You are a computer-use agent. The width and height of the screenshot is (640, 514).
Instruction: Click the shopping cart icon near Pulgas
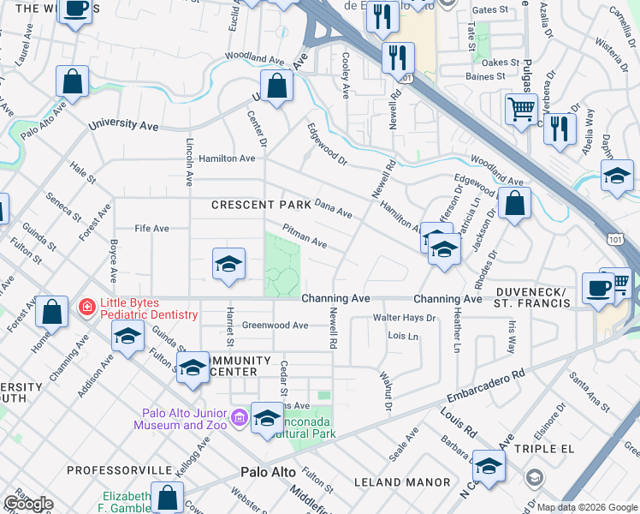pyautogui.click(x=520, y=109)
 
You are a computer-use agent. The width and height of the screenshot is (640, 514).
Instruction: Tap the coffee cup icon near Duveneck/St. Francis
pyautogui.click(x=597, y=288)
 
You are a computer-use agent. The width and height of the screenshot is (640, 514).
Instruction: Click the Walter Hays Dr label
pyautogui.click(x=404, y=318)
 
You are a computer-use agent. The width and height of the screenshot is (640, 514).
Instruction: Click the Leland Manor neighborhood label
pyautogui.click(x=402, y=482)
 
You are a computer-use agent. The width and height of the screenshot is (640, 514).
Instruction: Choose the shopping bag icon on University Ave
pyautogui.click(x=276, y=86)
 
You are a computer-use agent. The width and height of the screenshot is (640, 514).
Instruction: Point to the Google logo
pyautogui.click(x=28, y=504)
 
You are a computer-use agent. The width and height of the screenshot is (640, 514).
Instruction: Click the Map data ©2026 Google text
pyautogui.click(x=587, y=507)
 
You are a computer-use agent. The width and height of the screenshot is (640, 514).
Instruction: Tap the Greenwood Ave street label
pyautogui.click(x=275, y=326)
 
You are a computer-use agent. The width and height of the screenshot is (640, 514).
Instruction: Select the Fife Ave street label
pyautogui.click(x=151, y=229)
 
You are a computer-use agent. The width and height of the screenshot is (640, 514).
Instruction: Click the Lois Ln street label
pyautogui.click(x=403, y=337)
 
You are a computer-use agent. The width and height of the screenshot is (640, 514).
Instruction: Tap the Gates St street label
pyautogui.click(x=490, y=10)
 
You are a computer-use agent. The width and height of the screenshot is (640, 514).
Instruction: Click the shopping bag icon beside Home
pyautogui.click(x=52, y=313)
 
